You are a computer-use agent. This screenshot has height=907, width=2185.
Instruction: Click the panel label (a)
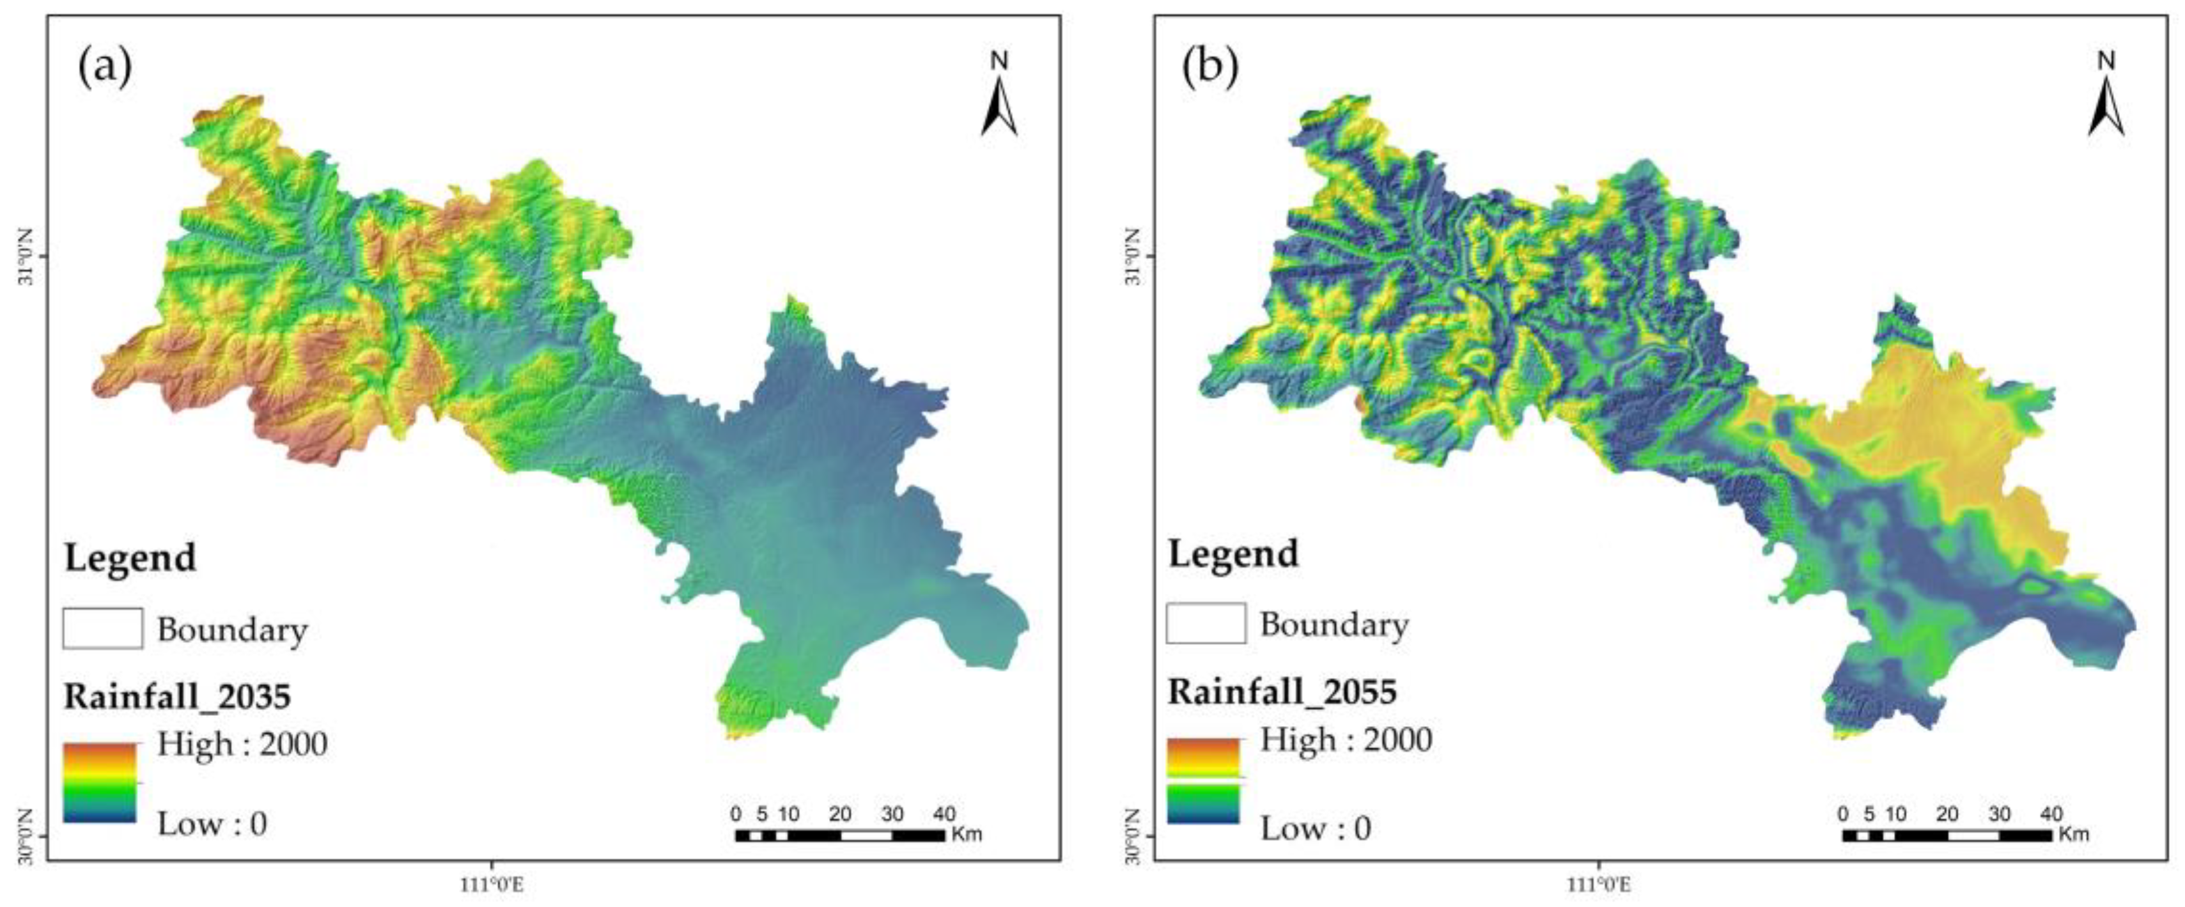coord(105,67)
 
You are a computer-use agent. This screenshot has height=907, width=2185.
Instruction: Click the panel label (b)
coord(1210,67)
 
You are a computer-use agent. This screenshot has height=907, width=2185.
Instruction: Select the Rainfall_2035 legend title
coord(177,697)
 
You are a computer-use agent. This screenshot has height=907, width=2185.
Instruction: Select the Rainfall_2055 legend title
coord(1282,692)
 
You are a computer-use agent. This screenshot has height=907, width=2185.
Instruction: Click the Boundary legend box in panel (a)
coord(103,629)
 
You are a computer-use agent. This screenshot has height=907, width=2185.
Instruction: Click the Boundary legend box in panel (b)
coord(1206,624)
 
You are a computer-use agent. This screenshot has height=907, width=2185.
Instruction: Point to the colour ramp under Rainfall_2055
coord(1204,780)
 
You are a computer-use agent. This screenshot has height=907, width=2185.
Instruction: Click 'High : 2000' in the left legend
coord(242,744)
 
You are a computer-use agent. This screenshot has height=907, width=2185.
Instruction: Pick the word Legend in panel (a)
coord(130,557)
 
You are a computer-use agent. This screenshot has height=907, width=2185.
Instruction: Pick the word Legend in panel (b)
coord(1233,553)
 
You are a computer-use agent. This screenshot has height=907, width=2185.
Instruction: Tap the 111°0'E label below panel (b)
coord(1599,885)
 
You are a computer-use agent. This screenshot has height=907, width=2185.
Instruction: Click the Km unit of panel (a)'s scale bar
coord(966,834)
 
